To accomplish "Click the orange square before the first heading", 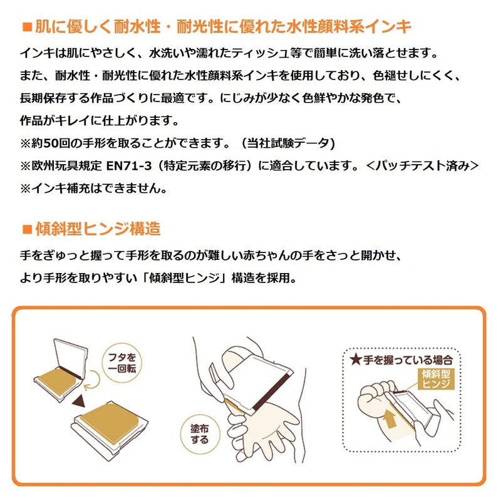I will pyautogui.click(x=26, y=27).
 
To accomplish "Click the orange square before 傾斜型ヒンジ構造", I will pyautogui.click(x=26, y=229).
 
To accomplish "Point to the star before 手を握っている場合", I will pyautogui.click(x=356, y=359).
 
